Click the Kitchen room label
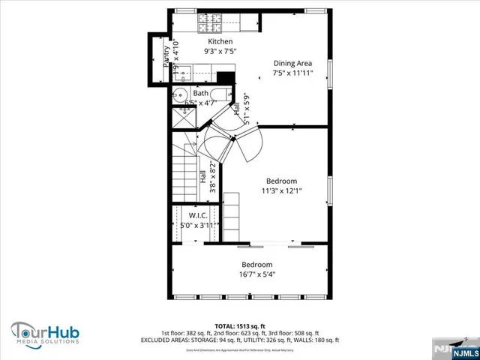(x=220, y=41)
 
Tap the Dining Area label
(x=292, y=63)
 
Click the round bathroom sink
(x=180, y=96)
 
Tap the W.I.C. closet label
(x=198, y=215)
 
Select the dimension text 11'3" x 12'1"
(x=281, y=191)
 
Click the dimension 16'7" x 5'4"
(x=256, y=275)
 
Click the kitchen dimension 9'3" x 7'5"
(x=220, y=52)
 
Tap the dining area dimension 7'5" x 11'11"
(x=292, y=73)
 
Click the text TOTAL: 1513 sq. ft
(x=239, y=326)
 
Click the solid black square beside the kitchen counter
(x=223, y=76)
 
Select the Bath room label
(x=200, y=94)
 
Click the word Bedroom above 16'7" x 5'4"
(x=256, y=265)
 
